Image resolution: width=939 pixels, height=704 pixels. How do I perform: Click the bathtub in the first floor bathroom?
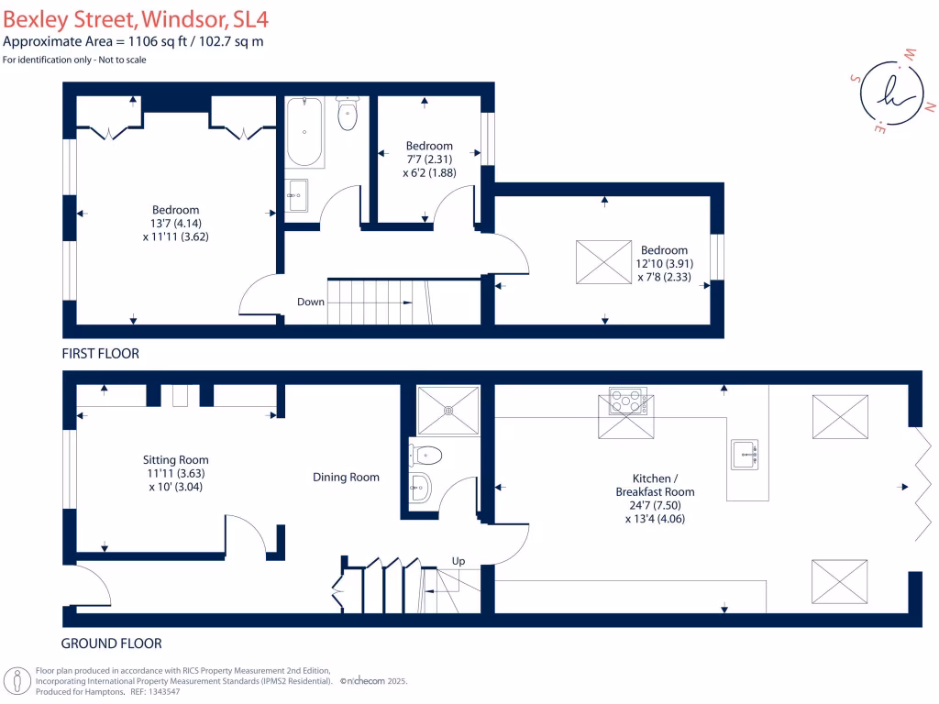[x=304, y=133]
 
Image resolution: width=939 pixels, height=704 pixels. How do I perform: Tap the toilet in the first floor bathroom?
[x=348, y=115]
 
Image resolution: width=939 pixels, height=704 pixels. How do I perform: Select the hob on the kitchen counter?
[x=627, y=400]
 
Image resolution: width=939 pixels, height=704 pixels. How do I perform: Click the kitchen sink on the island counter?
[x=745, y=453]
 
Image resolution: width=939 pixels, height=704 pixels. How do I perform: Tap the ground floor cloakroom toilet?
[x=427, y=454]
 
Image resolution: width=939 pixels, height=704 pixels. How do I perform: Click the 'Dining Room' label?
[x=346, y=477]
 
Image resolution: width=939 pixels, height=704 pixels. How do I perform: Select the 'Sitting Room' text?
[x=175, y=459]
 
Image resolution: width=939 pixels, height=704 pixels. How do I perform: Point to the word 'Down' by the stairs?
[x=310, y=301]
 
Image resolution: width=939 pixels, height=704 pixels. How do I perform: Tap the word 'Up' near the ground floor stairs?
[x=458, y=560]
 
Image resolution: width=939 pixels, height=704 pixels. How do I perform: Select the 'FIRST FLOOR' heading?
[x=100, y=353]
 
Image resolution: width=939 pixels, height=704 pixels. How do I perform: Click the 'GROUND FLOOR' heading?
[x=111, y=643]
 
